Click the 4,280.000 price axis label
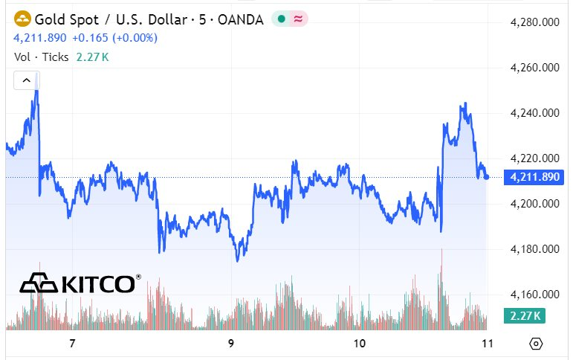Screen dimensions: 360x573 point(534,22)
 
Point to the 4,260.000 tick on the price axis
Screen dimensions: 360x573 point(534,68)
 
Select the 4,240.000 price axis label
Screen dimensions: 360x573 point(534,113)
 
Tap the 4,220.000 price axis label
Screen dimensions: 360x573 point(534,158)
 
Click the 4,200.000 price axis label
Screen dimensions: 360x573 point(534,204)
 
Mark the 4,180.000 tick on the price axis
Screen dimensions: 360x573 point(534,249)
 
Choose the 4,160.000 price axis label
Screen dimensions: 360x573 point(534,295)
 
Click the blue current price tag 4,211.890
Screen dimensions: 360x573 point(531,177)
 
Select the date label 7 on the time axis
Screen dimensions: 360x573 point(72,344)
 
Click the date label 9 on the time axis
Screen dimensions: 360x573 point(231,344)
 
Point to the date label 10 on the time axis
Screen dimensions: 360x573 point(360,344)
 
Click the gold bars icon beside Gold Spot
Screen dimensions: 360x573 point(23,19)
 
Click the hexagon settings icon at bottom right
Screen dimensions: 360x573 point(537,344)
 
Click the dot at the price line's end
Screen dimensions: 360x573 point(486,177)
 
